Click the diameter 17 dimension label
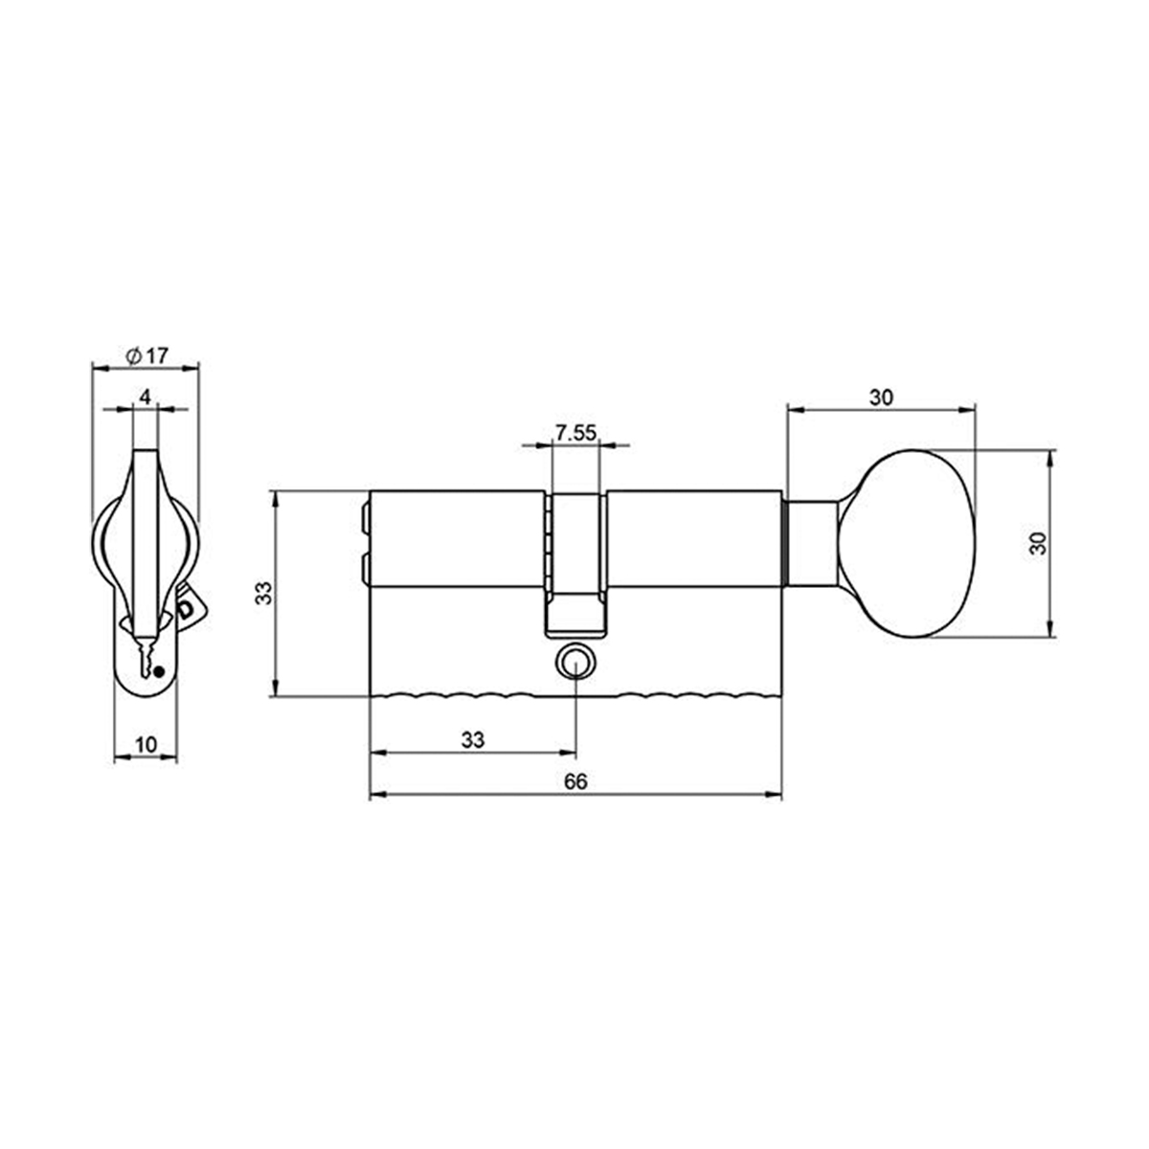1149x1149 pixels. [146, 355]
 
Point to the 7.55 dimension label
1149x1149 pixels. [575, 434]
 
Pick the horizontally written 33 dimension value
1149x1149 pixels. [473, 740]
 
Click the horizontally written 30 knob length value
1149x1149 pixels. [881, 397]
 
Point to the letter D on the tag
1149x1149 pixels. [186, 608]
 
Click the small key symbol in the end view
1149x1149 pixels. [145, 659]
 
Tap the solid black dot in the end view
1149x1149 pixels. [160, 670]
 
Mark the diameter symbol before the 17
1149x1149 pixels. [133, 355]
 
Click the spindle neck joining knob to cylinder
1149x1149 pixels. [812, 543]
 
